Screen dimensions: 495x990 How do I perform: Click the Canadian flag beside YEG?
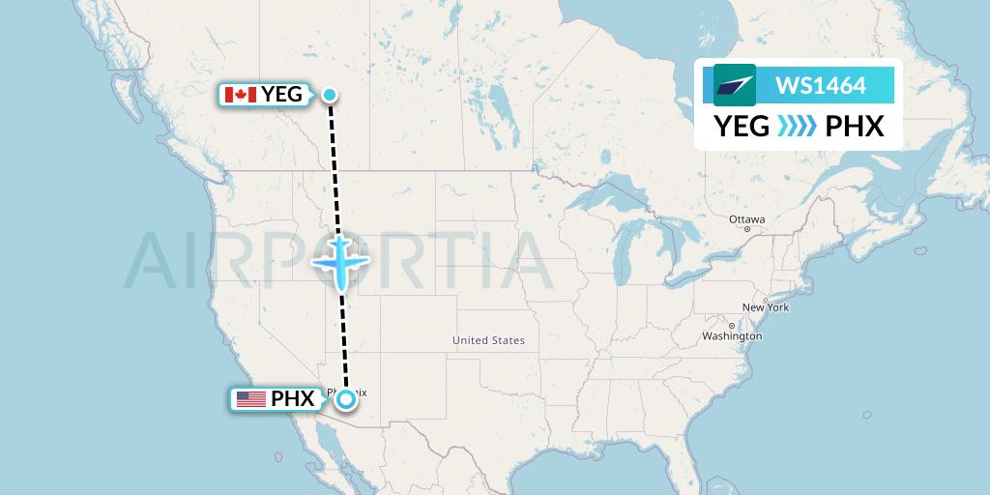[x=240, y=94]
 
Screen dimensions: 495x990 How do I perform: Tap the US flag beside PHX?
[x=250, y=398]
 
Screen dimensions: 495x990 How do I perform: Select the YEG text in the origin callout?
[x=281, y=94]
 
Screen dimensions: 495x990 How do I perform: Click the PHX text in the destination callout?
[x=292, y=398]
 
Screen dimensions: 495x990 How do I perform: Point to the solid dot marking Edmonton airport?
[x=330, y=94]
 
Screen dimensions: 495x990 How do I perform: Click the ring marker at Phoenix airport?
[x=345, y=398]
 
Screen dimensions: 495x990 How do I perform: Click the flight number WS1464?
[x=821, y=86]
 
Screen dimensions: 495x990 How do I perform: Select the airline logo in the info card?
[x=735, y=85]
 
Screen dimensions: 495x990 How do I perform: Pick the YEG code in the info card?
[x=742, y=127]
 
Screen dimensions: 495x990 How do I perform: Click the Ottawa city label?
[x=747, y=219]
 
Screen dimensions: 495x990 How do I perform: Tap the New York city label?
[x=766, y=307]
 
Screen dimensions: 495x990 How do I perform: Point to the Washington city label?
[x=733, y=336]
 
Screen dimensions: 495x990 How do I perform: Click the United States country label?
[x=488, y=340]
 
